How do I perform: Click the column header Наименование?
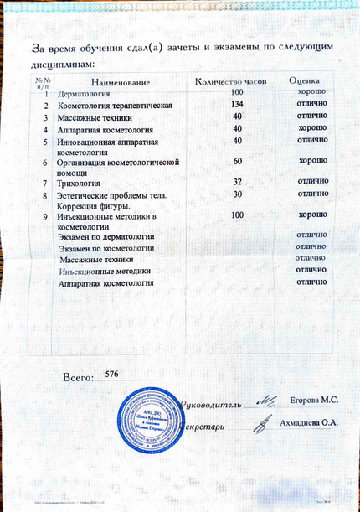tap(121, 81)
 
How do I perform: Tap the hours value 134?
tap(237, 104)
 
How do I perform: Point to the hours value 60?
tap(238, 160)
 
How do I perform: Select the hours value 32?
tap(238, 182)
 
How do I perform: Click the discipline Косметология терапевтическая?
tap(114, 106)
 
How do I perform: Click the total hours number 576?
tap(109, 374)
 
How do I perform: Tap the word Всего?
tap(78, 378)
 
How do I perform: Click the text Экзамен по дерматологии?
tap(106, 237)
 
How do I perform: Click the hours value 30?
tap(238, 194)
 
